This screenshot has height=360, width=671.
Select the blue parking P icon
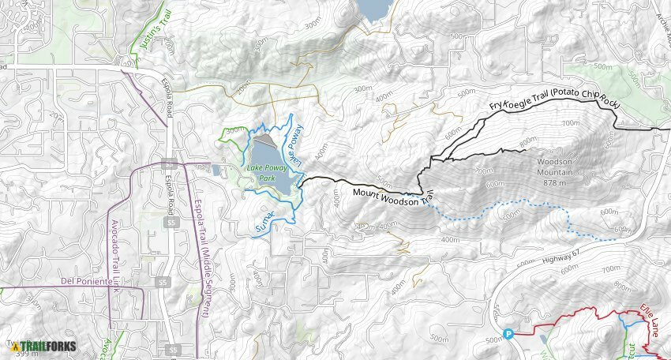508,333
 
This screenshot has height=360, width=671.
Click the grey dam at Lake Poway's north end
268,140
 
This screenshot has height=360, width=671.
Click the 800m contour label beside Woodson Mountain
528,142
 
